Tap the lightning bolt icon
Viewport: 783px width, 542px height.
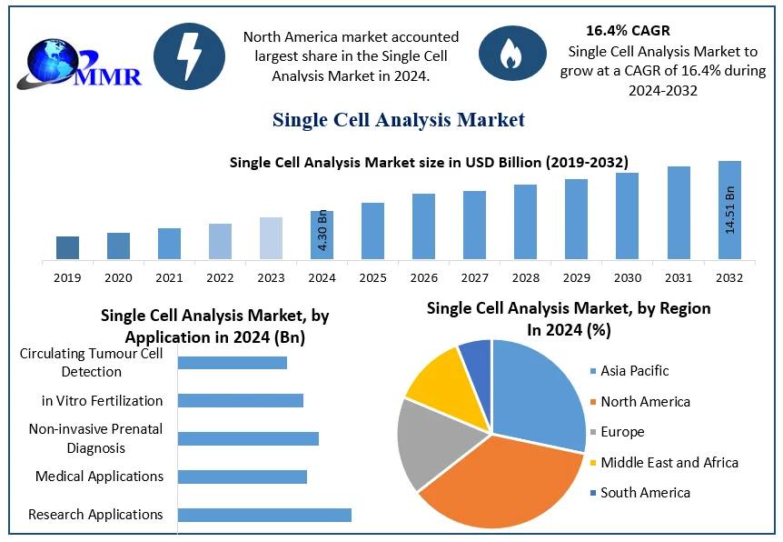point(189,55)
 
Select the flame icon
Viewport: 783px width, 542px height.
point(511,55)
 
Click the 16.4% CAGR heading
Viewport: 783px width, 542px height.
point(628,31)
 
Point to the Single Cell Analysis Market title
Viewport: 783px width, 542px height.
point(398,119)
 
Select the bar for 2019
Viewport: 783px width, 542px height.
point(67,247)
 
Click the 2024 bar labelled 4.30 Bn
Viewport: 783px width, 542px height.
point(322,235)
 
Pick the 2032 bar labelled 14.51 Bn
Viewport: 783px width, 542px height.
point(729,210)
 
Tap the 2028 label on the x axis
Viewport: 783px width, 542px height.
point(525,277)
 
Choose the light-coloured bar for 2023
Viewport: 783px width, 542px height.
point(271,238)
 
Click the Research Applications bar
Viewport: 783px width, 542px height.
point(264,515)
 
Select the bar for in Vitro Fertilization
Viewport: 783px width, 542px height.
point(240,400)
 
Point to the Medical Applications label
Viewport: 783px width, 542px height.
point(99,476)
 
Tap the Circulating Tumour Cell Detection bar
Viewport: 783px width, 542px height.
point(232,363)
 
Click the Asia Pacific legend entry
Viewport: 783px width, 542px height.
point(634,371)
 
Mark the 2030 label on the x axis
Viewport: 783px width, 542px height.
point(627,277)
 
